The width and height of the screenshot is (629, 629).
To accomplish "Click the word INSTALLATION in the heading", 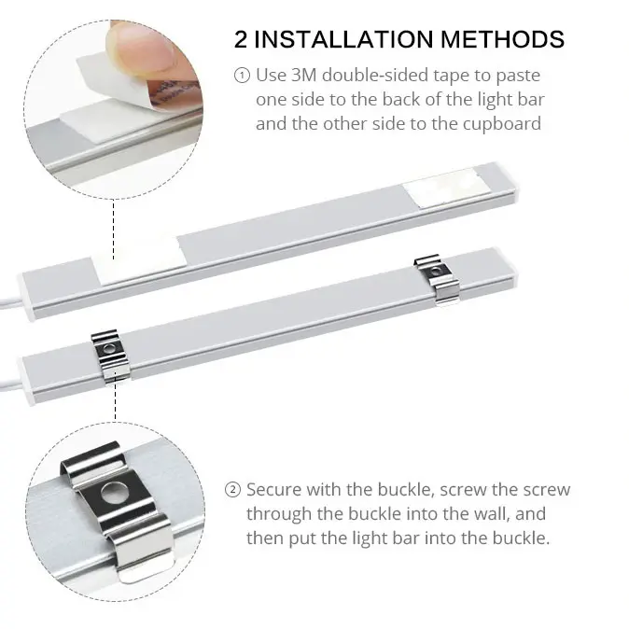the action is click(343, 39).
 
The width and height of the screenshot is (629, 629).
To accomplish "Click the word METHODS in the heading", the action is click(503, 39).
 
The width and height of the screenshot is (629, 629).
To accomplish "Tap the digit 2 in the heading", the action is click(241, 39).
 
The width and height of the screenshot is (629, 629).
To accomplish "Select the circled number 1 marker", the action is click(242, 76).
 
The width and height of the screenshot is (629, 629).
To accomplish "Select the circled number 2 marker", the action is click(232, 490).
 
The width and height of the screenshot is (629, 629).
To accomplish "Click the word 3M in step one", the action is click(304, 76).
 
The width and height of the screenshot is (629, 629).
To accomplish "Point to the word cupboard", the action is click(502, 124).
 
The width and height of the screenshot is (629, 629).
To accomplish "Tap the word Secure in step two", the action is click(273, 490).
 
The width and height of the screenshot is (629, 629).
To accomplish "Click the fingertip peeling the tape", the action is click(143, 48).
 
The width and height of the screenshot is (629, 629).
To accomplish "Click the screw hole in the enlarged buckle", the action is click(113, 493).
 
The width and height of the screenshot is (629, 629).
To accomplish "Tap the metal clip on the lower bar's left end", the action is click(110, 355).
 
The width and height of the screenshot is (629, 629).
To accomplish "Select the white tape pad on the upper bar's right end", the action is click(446, 189).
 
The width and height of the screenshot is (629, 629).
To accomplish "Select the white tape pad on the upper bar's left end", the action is click(140, 261).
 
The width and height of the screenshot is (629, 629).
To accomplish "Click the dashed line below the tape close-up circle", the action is click(114, 230).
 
